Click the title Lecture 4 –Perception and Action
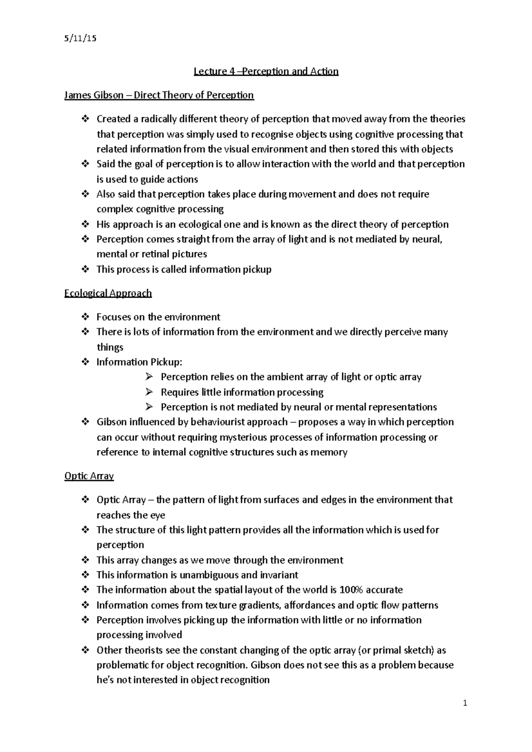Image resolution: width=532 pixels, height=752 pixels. coord(266,71)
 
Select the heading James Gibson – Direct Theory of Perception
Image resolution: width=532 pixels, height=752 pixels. coord(159,95)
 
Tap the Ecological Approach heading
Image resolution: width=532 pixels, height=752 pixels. coord(108,293)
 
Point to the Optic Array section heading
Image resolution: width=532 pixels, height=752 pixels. coord(89,476)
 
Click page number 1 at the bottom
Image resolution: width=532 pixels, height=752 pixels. coord(465,703)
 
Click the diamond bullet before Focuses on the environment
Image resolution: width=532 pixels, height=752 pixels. coord(85,317)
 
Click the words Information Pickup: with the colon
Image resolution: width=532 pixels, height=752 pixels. coord(139,362)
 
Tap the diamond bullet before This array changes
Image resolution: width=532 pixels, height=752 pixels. coord(85,560)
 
